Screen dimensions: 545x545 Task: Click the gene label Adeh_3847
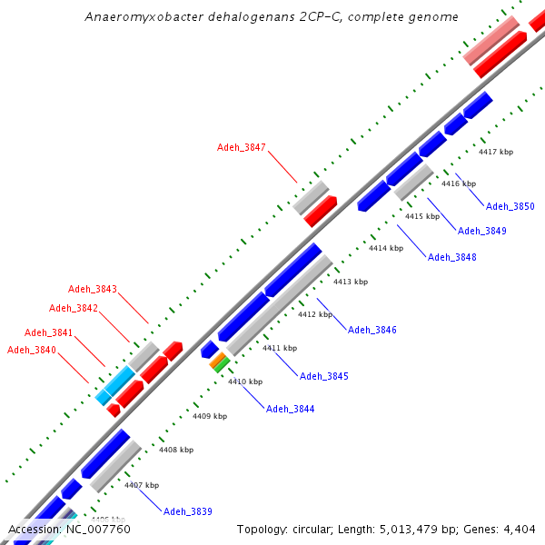coord(242,147)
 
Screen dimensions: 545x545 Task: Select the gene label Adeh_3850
coord(510,207)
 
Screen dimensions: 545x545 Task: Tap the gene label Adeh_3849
coord(482,231)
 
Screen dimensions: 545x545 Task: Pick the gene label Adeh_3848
coord(452,257)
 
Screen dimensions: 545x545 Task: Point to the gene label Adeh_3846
coord(372,330)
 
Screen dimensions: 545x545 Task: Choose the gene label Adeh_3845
coord(324,376)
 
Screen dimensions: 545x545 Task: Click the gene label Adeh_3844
coord(291,409)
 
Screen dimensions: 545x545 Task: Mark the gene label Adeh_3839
coord(188,512)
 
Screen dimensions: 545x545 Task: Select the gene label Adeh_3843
coord(93,289)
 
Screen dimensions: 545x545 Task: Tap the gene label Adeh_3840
coord(32,350)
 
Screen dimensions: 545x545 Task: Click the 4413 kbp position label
coord(351,282)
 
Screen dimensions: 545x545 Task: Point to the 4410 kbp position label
coord(245,381)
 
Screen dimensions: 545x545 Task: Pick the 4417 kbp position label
coord(496,153)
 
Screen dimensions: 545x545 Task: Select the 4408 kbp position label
coord(176,450)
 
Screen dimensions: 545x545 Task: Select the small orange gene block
coord(217,361)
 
